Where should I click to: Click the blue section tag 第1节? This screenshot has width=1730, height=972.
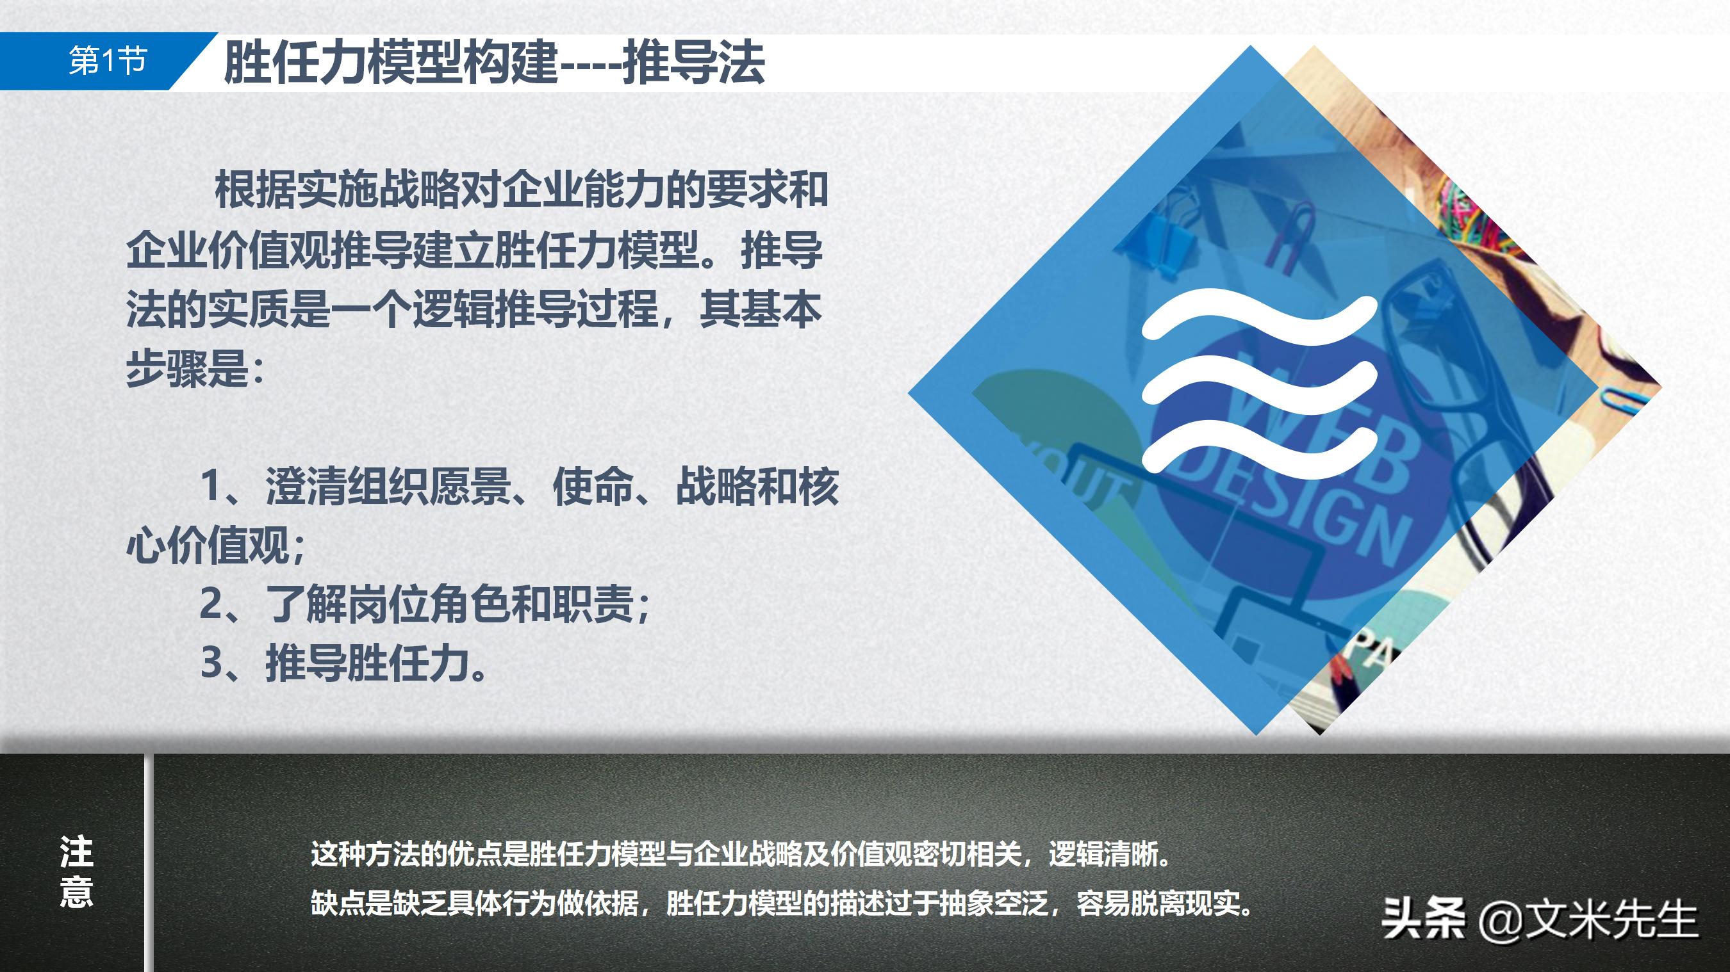click(108, 61)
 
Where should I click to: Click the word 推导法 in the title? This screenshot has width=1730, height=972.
click(694, 62)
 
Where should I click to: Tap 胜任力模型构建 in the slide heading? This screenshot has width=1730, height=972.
click(390, 62)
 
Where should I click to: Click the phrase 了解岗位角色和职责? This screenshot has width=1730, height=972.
click(450, 604)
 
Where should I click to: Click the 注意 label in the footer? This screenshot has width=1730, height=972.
click(76, 871)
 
